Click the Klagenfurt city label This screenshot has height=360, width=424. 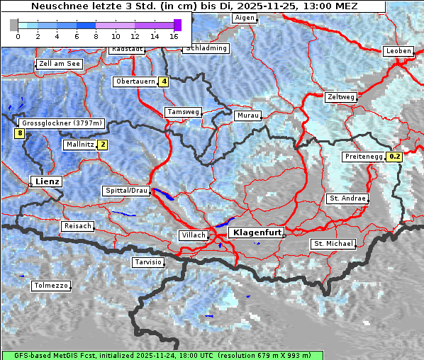click(x=257, y=232)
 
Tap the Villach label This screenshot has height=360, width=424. click(x=194, y=235)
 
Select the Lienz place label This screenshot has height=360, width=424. click(x=46, y=181)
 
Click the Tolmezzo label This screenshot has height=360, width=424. click(x=51, y=286)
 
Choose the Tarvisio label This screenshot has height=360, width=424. click(x=148, y=262)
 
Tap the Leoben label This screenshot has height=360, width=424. click(x=398, y=51)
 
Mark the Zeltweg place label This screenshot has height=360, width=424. click(x=341, y=96)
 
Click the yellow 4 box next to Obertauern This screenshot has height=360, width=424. click(x=164, y=81)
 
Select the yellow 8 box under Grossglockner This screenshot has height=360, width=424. click(x=20, y=133)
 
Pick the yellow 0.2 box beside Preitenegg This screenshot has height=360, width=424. click(x=395, y=157)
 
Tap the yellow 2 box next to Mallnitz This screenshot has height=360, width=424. click(x=103, y=145)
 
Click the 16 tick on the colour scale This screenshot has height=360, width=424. click(x=174, y=35)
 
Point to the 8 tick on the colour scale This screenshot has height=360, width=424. click(x=96, y=35)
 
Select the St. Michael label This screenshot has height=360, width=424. click(x=333, y=244)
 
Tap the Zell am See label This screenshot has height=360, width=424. click(x=60, y=64)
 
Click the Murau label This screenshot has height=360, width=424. click(x=247, y=115)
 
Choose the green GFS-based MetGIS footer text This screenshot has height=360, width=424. click(x=162, y=355)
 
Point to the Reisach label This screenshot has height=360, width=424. click(x=78, y=226)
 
